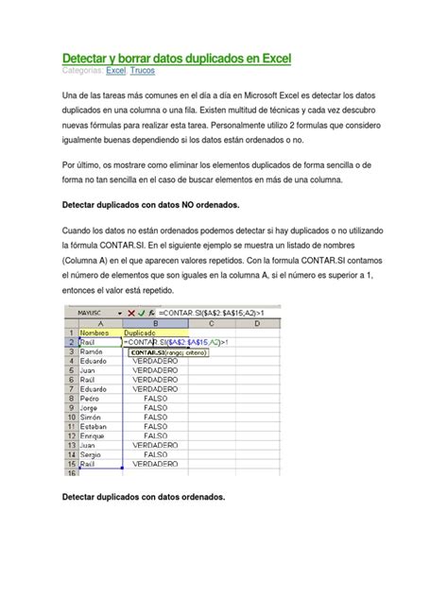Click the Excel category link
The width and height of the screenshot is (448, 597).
(x=115, y=71)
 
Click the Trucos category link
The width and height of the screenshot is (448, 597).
(x=144, y=71)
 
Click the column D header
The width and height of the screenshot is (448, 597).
(x=313, y=323)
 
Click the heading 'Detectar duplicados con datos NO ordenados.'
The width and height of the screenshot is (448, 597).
(x=149, y=204)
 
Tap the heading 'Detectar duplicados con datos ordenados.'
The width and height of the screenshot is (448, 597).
(x=143, y=497)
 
